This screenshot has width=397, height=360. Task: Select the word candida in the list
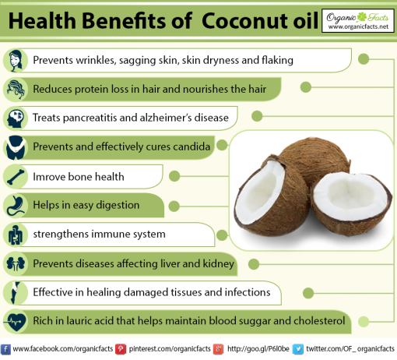click(189, 146)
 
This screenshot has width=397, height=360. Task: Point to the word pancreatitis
click(100, 118)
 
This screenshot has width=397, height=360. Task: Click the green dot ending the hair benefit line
click(306, 88)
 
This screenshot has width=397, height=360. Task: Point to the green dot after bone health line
click(177, 176)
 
